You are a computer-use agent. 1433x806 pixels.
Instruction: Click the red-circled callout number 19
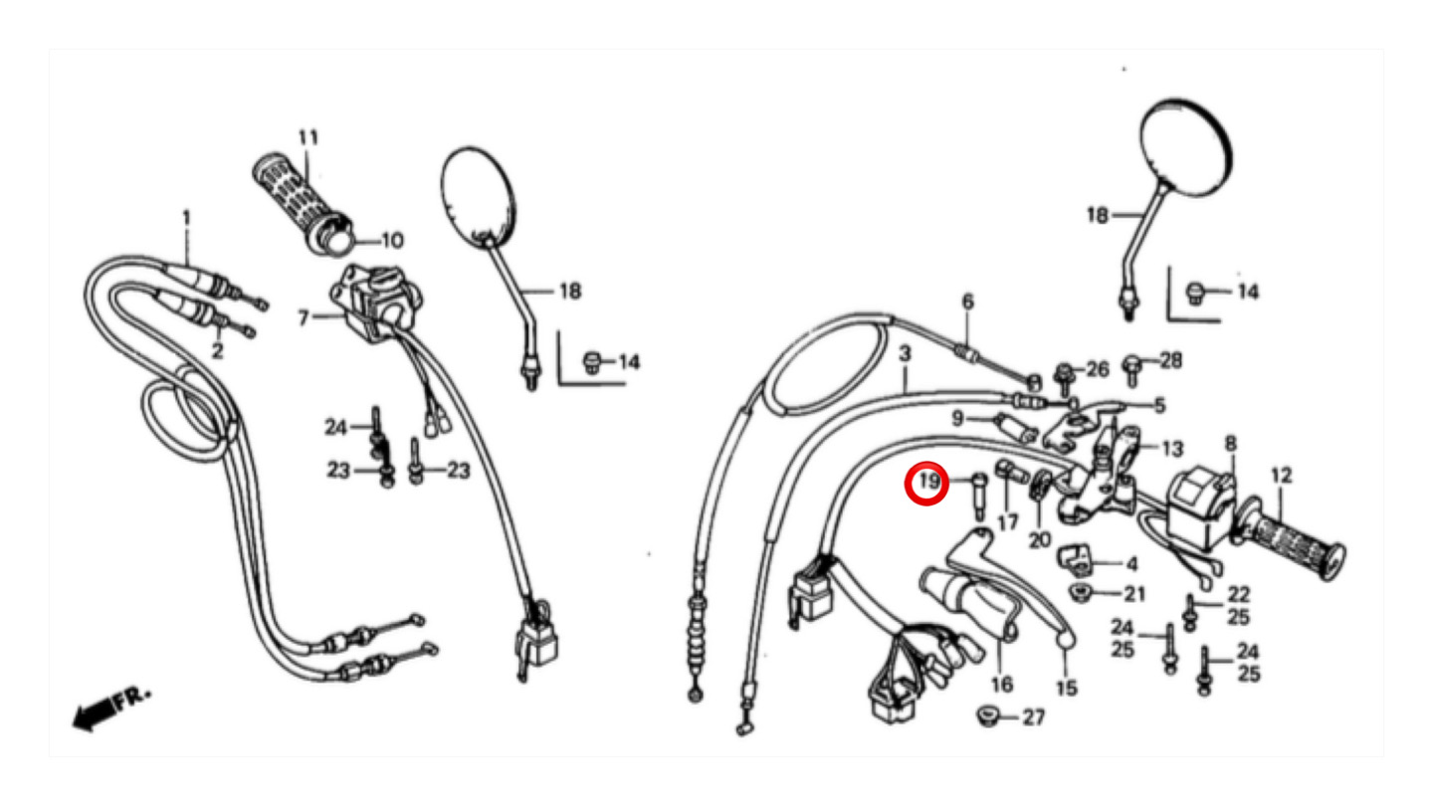click(x=927, y=484)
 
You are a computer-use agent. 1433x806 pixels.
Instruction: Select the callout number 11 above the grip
click(x=307, y=137)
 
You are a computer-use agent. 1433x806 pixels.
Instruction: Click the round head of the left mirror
click(x=480, y=196)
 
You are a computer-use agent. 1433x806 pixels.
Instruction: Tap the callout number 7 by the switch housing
click(x=304, y=318)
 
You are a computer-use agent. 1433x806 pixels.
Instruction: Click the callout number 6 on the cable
click(x=967, y=302)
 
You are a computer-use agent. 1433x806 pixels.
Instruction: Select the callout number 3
click(x=905, y=354)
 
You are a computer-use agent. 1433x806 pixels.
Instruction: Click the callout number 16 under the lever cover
click(x=1002, y=685)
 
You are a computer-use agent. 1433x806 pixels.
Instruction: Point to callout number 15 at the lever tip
click(x=1066, y=688)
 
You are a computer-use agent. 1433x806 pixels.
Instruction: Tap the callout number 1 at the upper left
click(x=185, y=217)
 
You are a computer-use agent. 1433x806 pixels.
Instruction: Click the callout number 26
click(x=1097, y=370)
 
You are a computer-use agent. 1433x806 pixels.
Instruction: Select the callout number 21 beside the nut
click(x=1134, y=595)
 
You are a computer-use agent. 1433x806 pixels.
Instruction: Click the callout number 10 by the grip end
click(x=390, y=241)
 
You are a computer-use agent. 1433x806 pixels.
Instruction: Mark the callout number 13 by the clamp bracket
click(x=1172, y=448)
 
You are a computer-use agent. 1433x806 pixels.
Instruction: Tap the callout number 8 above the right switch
click(x=1230, y=443)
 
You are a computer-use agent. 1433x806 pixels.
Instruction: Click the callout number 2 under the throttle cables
click(x=217, y=351)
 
